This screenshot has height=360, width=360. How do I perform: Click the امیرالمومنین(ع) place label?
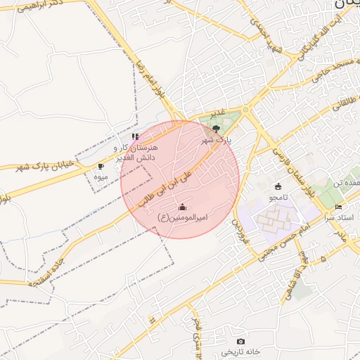pos(183,218)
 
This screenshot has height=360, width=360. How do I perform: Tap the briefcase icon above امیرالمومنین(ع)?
pos(183,207)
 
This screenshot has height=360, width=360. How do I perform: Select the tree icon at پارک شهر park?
pos(216,129)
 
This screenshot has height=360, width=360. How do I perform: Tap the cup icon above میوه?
pos(101,167)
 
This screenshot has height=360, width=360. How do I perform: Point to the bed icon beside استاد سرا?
pos(338,207)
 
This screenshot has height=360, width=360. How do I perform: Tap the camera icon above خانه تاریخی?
pos(241,340)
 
